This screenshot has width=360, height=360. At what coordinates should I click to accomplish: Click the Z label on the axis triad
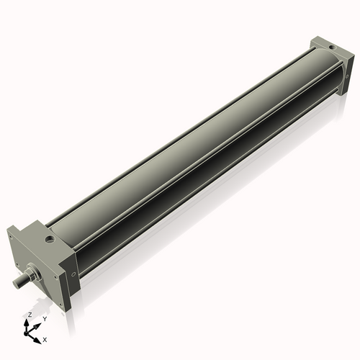(29, 315)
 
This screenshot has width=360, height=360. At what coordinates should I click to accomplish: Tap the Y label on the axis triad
(44, 318)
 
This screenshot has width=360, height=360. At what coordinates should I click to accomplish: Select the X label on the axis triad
(45, 338)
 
